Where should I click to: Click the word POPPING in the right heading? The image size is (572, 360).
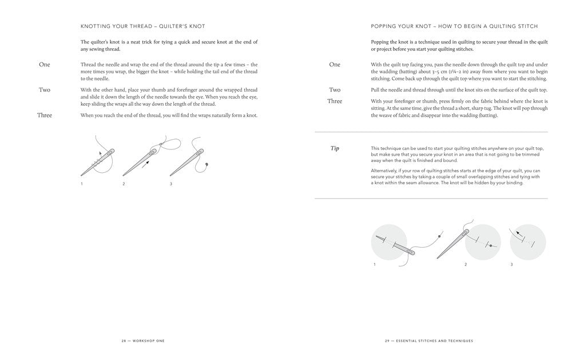click(385, 26)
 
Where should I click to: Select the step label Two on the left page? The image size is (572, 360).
click(44, 90)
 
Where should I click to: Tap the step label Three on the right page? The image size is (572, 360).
click(335, 101)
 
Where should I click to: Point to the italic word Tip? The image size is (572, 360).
click(335, 148)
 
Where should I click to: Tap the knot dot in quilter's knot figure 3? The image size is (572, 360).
click(206, 165)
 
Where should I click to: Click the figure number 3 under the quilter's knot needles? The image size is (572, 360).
click(170, 184)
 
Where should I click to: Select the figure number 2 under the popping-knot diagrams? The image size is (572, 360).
click(466, 264)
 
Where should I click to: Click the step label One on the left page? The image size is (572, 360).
click(44, 65)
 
